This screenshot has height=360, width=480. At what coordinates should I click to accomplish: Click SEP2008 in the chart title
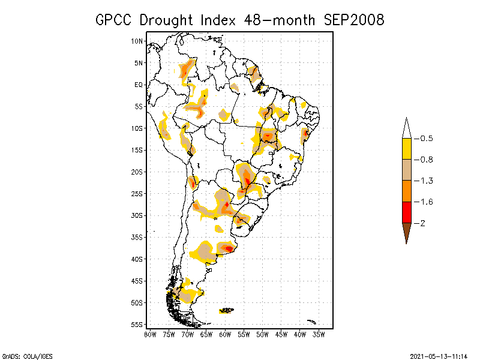point(354,20)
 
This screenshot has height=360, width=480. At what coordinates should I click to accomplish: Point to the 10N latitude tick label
point(137,41)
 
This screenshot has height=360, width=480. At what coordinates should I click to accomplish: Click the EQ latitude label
point(138,85)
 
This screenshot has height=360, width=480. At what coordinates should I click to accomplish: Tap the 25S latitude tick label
point(137,194)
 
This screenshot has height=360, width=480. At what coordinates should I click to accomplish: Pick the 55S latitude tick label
point(137,325)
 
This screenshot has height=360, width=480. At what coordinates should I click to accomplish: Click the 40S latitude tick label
point(137,259)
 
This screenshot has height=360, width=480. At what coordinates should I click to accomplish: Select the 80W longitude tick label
point(150,334)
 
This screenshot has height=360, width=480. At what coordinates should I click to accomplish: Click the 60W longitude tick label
point(225,334)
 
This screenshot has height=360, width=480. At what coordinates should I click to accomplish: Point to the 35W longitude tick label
point(319,334)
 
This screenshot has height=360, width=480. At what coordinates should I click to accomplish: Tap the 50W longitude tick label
point(262,334)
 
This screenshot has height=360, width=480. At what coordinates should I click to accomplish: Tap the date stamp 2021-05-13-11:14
point(439,355)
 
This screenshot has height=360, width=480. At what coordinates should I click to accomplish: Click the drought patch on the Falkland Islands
point(226,310)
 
